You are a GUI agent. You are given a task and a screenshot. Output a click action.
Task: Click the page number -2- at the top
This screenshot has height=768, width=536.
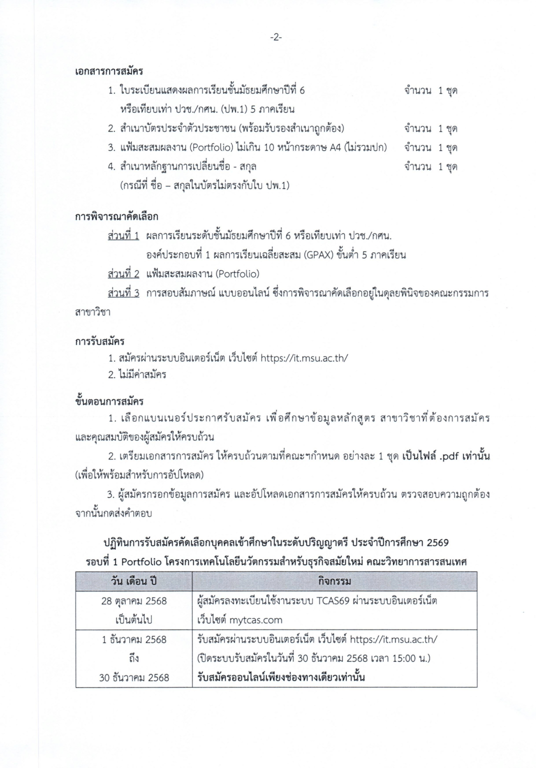click(275, 37)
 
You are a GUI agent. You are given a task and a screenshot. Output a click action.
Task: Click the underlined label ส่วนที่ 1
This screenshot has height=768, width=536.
click(123, 235)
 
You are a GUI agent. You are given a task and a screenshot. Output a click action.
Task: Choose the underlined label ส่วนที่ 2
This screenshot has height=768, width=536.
click(123, 273)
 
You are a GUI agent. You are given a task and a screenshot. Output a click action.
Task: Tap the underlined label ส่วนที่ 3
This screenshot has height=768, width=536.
click(123, 292)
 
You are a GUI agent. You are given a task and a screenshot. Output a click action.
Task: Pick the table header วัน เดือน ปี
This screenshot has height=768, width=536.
click(133, 581)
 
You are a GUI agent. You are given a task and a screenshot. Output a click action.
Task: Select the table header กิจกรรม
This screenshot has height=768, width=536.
click(334, 581)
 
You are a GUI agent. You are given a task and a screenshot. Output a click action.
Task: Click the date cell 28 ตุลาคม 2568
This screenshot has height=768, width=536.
click(133, 601)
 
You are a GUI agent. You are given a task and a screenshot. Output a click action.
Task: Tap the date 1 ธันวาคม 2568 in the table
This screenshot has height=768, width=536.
click(133, 639)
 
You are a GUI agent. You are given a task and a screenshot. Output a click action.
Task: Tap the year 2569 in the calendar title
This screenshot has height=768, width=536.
click(437, 542)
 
